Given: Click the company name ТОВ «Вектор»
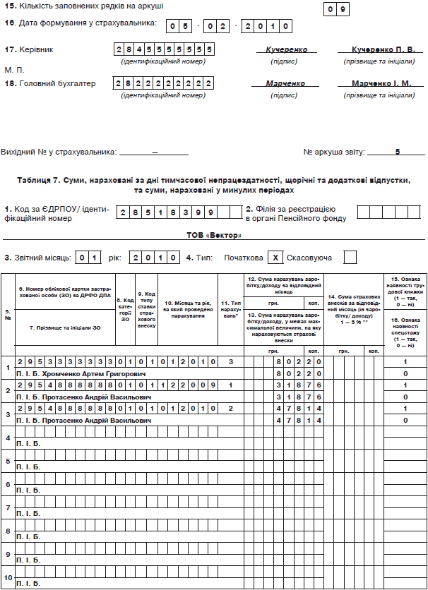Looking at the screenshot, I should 213,234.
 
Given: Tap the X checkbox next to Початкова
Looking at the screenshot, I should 277,258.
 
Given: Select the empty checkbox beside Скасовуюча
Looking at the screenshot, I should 350,258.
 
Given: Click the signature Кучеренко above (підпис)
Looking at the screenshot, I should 287,51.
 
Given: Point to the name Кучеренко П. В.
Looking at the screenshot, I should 384,51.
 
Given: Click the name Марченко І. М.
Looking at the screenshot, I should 384,83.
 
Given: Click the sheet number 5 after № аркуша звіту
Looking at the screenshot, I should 398,151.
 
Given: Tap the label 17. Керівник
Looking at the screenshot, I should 29,50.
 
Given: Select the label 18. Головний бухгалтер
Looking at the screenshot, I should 49,83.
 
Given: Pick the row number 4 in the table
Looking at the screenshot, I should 8,438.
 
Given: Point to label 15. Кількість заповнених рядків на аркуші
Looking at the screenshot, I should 84,6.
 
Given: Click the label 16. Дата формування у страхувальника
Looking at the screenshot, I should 81,23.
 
